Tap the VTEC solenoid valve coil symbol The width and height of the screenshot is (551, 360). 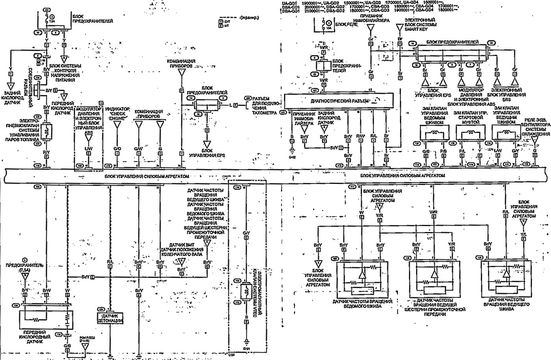(x=246, y=292)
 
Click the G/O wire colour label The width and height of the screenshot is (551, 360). (x=117, y=148)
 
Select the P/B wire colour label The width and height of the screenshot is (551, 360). (x=443, y=151)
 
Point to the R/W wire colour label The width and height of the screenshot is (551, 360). (x=360, y=136)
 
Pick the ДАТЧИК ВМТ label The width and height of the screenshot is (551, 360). (x=181, y=245)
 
